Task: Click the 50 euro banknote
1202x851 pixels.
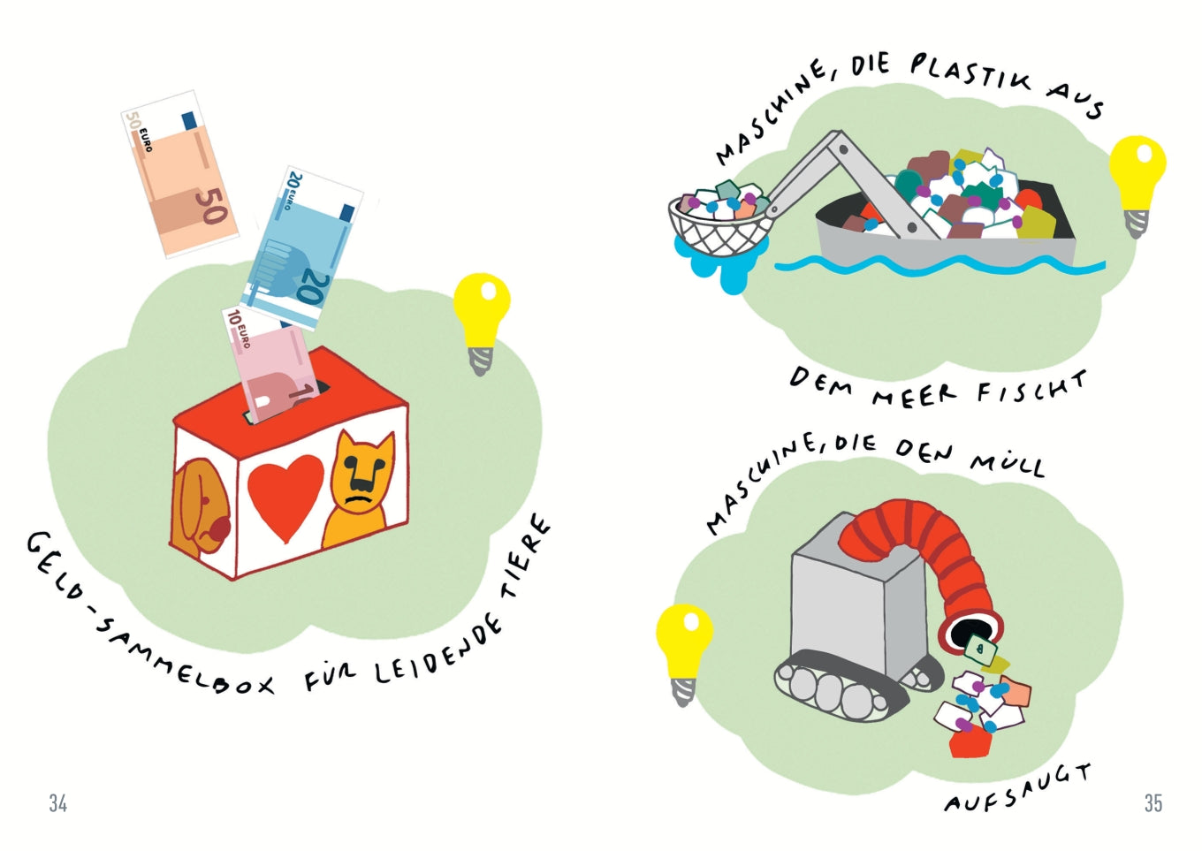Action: (x=179, y=174)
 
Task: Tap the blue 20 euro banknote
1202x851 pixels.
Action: (x=301, y=248)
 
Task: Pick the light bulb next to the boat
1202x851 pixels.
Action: (x=1137, y=185)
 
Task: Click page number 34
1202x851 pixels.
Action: (x=58, y=804)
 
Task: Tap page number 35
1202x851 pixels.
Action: (x=1153, y=804)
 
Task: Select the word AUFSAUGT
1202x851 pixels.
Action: (x=1018, y=787)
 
